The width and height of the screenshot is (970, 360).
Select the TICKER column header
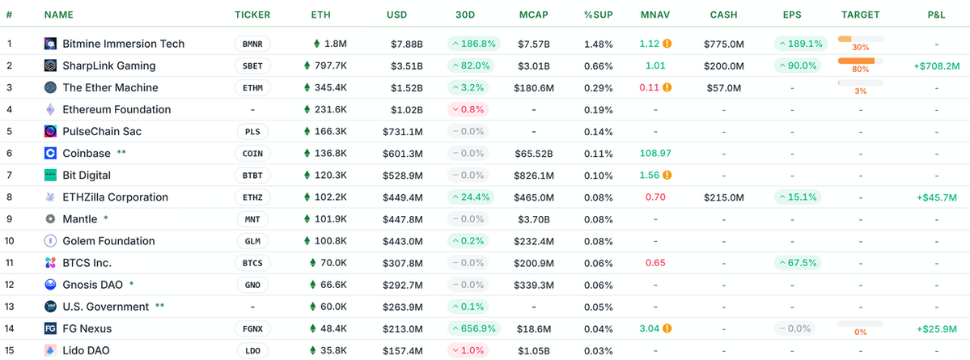point(252,15)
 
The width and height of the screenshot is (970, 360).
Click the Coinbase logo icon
point(50,153)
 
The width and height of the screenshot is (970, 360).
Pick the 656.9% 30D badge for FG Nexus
point(473,328)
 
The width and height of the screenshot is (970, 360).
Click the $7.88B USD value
point(405,44)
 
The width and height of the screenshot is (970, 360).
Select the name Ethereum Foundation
point(116,109)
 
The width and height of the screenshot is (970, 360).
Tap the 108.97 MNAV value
point(654,153)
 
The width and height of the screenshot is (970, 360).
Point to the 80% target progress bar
point(860,61)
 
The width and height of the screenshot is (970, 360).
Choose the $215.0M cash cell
point(723,197)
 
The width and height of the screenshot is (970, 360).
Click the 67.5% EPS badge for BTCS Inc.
point(797,262)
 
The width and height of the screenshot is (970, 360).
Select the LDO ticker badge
point(252,350)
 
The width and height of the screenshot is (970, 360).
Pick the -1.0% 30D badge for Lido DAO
point(468,350)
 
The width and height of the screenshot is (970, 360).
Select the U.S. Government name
point(105,307)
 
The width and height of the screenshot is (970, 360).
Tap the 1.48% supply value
point(598,44)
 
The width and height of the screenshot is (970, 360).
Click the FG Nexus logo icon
point(50,328)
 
